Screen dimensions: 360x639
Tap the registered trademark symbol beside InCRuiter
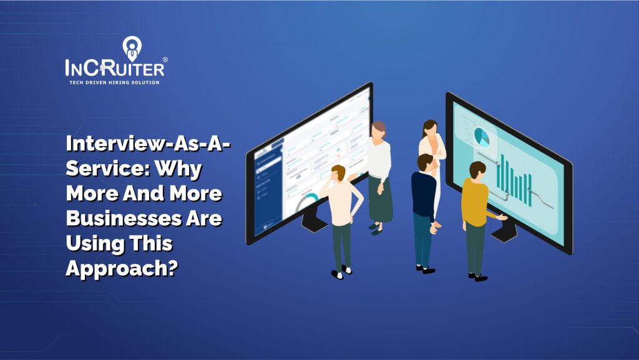click(164, 61)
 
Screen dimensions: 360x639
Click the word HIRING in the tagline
click(119, 82)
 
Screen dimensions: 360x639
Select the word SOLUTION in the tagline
click(145, 82)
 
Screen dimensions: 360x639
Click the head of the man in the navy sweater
click(424, 162)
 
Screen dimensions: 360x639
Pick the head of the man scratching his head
click(339, 172)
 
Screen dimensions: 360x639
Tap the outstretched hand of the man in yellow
click(503, 217)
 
